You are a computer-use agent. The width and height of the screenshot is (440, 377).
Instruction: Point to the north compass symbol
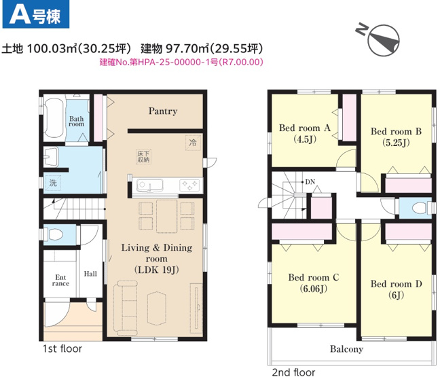[x=382, y=39]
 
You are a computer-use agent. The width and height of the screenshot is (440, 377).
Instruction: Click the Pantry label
[x=162, y=111]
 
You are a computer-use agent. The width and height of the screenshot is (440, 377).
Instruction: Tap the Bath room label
[x=76, y=121]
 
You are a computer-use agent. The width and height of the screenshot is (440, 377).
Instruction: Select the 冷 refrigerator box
[x=193, y=143]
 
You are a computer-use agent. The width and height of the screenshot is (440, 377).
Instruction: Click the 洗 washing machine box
[x=52, y=182]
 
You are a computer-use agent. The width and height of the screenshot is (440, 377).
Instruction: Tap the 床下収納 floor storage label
[x=143, y=157]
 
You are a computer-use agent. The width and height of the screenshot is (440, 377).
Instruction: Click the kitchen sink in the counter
[x=149, y=185]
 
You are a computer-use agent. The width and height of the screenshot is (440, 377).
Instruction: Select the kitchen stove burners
[x=188, y=185]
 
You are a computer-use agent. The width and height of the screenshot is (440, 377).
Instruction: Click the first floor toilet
[x=54, y=234]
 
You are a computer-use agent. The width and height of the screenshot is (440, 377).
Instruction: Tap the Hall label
[x=90, y=274]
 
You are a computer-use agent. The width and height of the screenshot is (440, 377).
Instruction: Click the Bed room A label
[x=304, y=128]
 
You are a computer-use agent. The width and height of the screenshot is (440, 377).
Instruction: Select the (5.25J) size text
[x=396, y=143]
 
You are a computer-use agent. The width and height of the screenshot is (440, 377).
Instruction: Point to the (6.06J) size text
[x=313, y=288]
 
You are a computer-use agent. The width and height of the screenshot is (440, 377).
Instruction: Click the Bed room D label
[x=396, y=283]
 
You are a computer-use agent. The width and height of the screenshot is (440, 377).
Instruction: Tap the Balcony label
[x=346, y=349]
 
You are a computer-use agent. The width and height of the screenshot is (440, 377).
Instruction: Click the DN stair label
[x=310, y=182]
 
